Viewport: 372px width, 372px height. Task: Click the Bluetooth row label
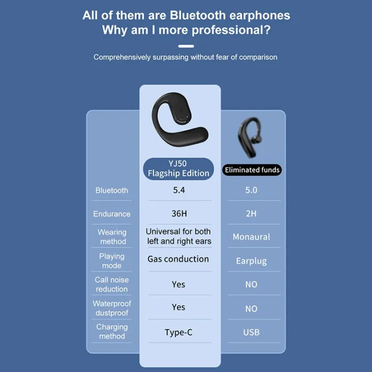coord(112,191)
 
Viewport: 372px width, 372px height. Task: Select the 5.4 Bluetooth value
coord(179,190)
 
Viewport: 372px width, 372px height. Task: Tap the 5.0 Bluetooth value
coord(251,191)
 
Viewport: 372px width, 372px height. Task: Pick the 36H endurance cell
coord(179,213)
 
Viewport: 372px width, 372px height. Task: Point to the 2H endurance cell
coord(251,213)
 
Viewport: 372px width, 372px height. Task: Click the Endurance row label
coord(112,214)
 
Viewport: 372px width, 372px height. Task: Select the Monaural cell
coord(251,237)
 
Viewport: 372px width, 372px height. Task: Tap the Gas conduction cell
coord(178,259)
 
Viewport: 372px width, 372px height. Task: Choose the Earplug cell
coord(251,261)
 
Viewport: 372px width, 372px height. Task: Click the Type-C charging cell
coord(178,332)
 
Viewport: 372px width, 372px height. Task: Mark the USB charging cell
coord(251,332)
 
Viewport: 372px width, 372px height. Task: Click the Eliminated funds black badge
coord(252,170)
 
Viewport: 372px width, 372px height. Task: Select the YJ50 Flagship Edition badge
coord(178,169)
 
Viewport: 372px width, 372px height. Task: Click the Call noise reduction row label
coord(112,284)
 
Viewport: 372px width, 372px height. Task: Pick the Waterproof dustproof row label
coord(112,308)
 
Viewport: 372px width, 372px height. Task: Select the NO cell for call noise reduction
coord(251,285)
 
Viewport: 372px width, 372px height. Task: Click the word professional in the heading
coord(231,29)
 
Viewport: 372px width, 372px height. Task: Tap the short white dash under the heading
coord(185,45)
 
